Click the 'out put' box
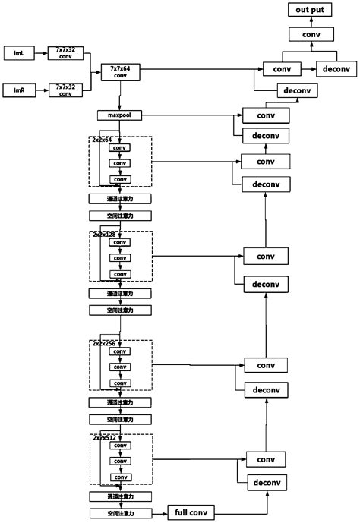coord(308,10)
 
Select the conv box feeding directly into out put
coord(308,34)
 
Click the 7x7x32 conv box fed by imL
coord(66,52)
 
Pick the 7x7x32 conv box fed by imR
coord(66,90)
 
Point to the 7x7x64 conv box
coord(119,71)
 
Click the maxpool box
coord(119,115)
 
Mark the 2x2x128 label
coord(104,235)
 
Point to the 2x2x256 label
coord(104,343)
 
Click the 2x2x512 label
coord(104,438)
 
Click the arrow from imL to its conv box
coord(39,52)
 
